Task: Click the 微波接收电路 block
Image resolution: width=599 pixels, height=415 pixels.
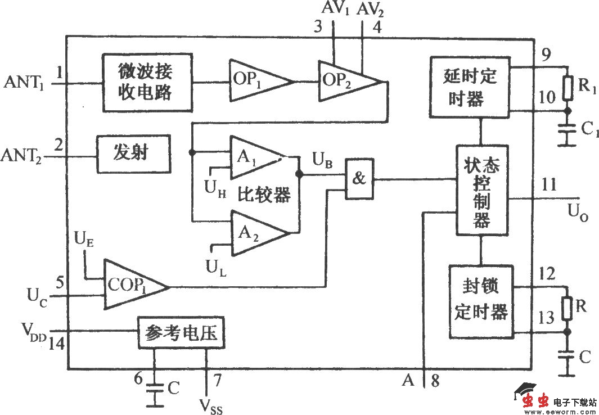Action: pos(147,82)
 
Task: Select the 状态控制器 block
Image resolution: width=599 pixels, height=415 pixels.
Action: pos(481,191)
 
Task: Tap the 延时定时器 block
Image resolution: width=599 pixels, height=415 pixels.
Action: pos(470,87)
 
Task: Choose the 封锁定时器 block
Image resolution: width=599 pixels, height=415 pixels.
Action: pos(481,301)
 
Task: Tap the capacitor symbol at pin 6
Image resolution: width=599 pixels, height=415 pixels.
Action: pos(153,387)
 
